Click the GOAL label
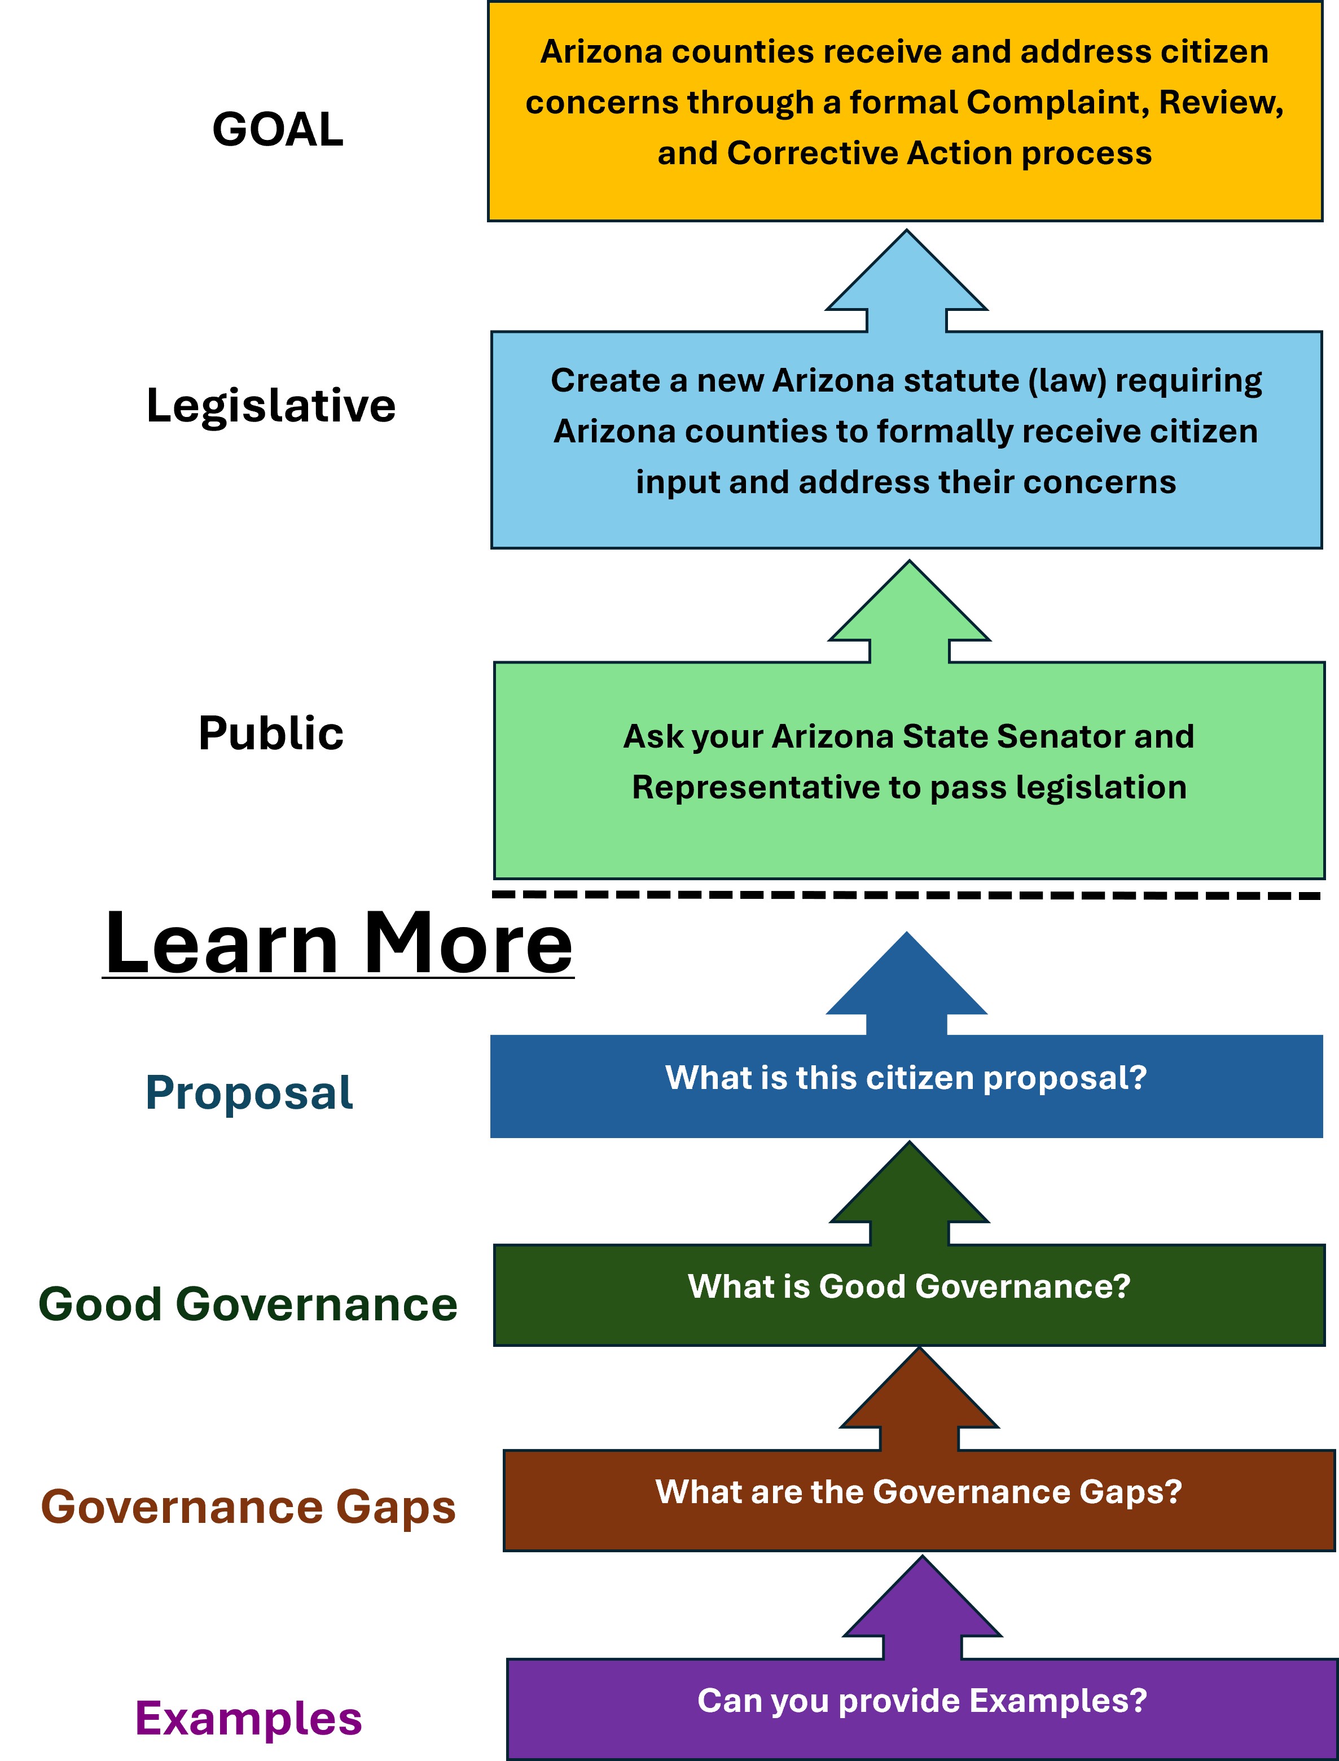pos(278,129)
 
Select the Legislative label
pos(271,406)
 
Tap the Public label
pos(271,733)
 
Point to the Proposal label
pos(249,1092)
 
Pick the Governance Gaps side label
pos(248,1508)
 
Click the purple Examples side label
pos(248,1719)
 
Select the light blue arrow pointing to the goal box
pos(906,280)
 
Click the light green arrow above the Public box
pos(910,611)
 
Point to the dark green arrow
pos(910,1193)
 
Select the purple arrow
pos(922,1607)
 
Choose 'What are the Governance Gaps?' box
pos(919,1500)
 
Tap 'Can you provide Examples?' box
pos(922,1709)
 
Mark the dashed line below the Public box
pos(906,895)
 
